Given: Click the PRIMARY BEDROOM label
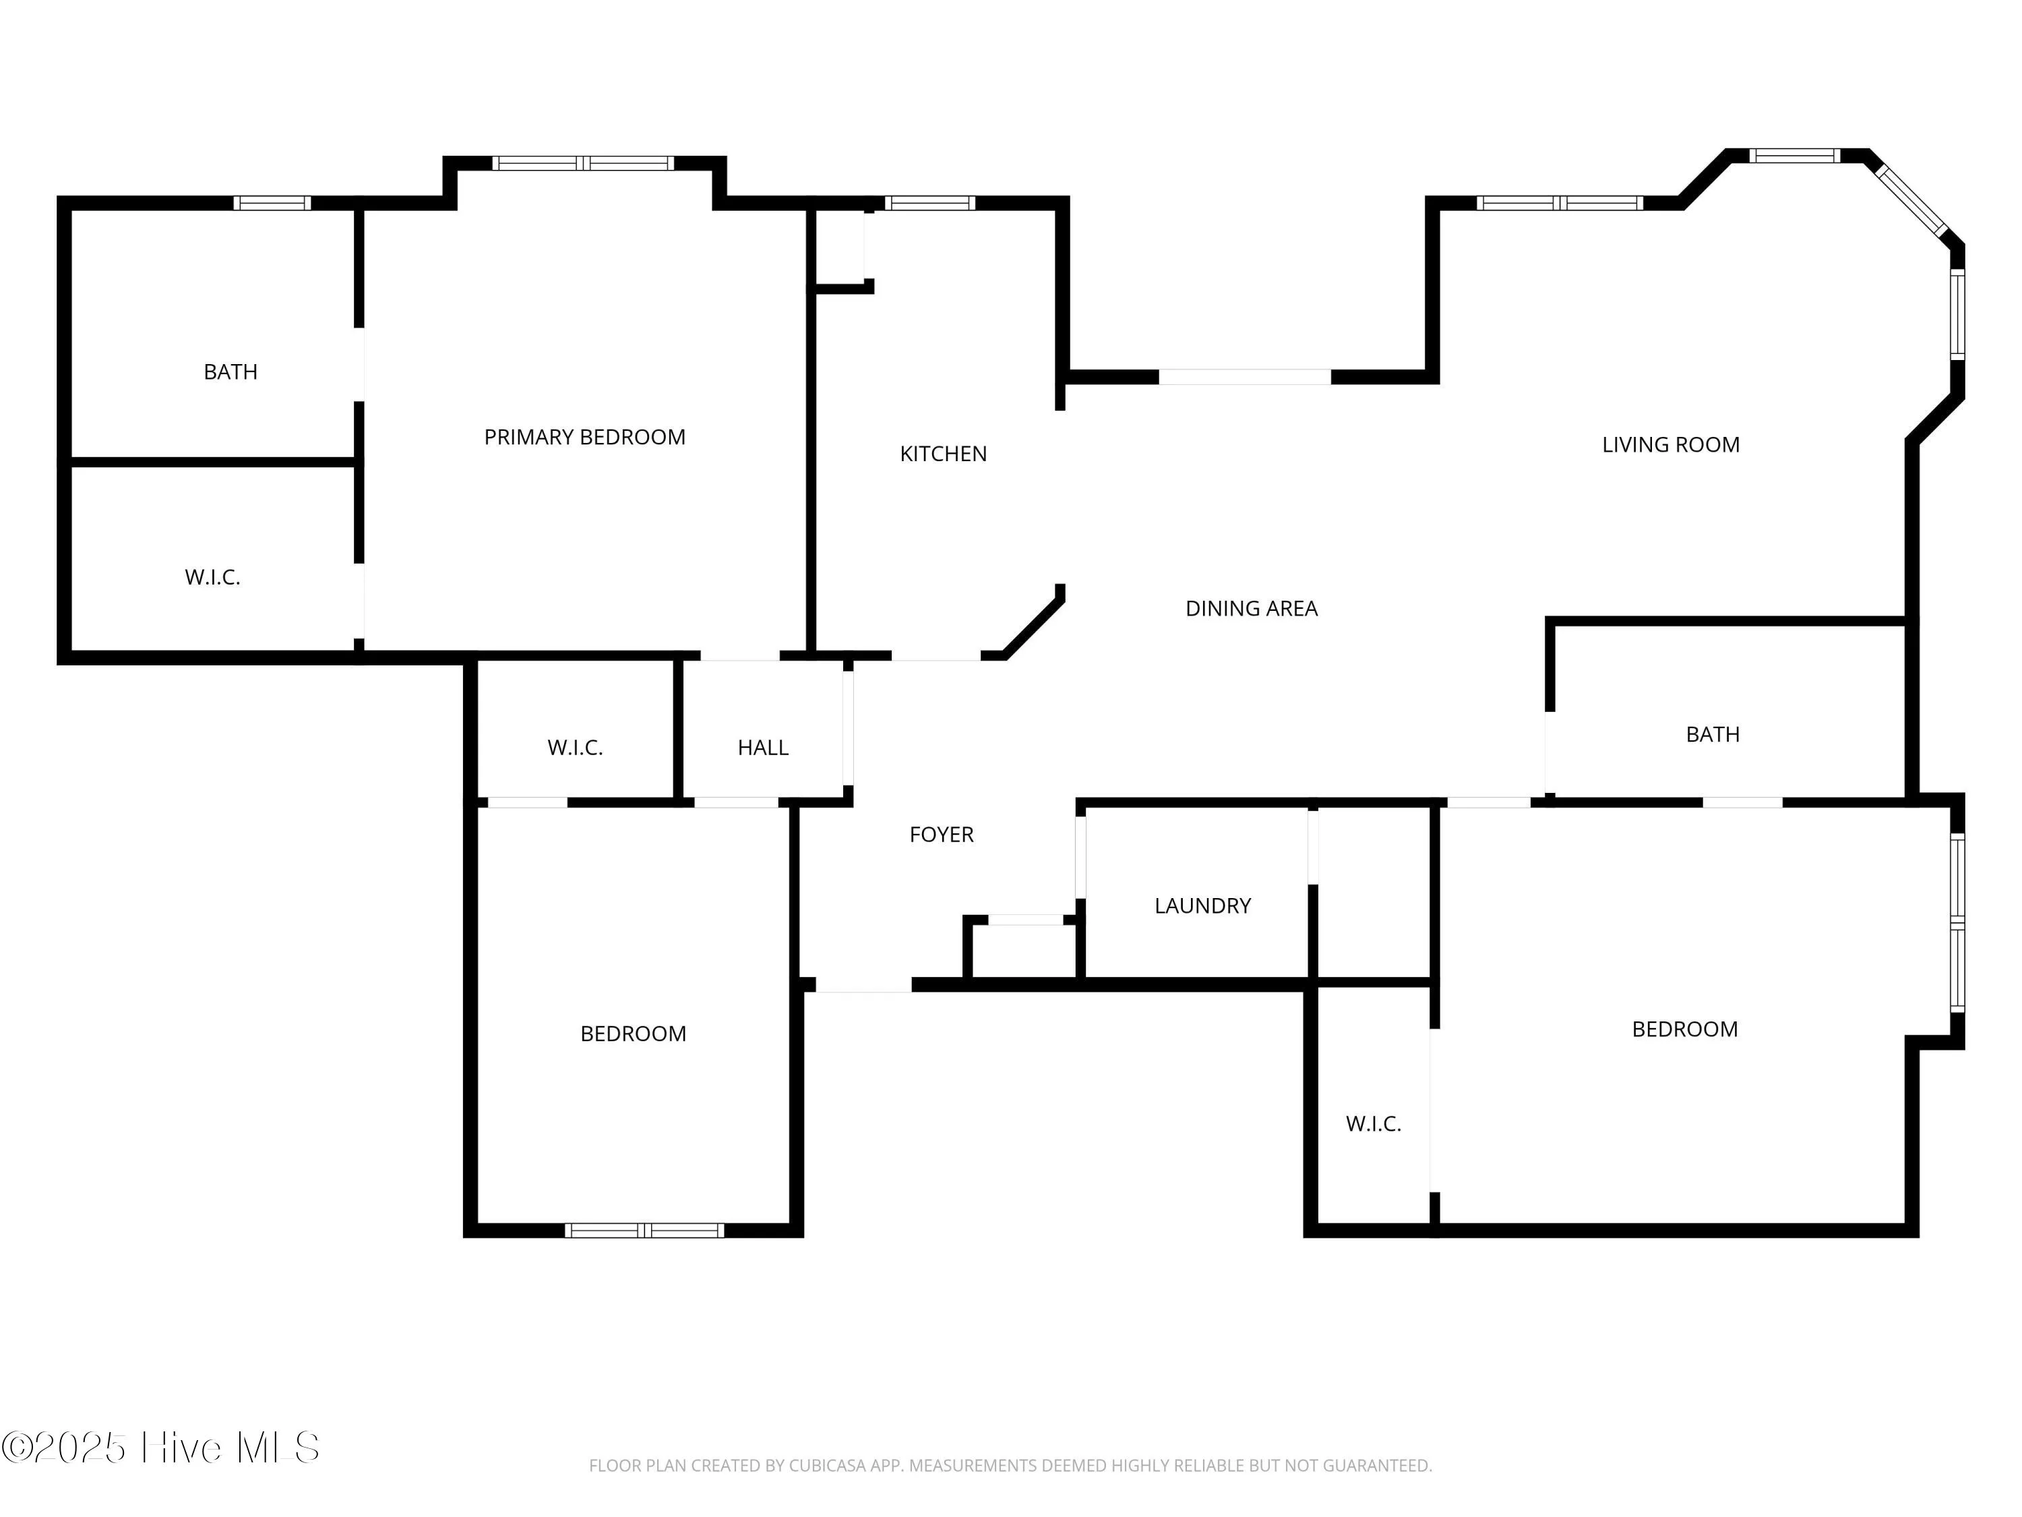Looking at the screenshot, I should (584, 437).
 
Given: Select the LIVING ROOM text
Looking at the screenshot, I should (1670, 444).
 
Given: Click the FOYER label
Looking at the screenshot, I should (941, 834).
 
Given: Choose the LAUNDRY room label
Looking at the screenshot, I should (1202, 905).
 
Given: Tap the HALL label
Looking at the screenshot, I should (762, 747).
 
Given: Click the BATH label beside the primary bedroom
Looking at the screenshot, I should (231, 371).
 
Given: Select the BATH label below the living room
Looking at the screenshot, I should (1712, 734).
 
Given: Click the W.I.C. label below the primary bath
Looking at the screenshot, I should (212, 577).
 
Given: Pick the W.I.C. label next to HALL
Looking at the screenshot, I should (575, 747).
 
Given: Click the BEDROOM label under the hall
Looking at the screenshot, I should (633, 1034).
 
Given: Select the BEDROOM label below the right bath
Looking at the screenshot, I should (1684, 1029).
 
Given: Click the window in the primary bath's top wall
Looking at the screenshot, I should (272, 203).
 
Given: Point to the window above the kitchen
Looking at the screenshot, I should (929, 203).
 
